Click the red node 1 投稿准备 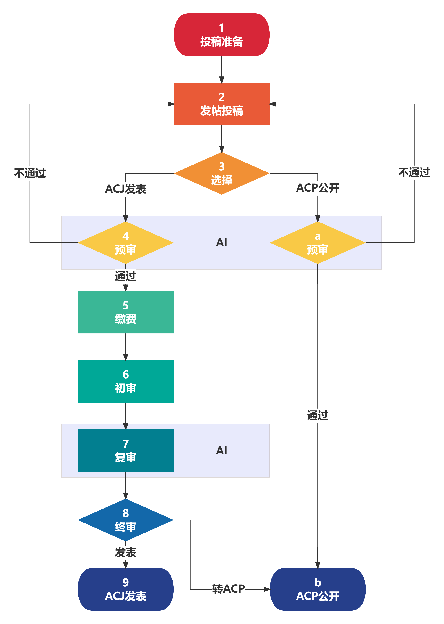(221, 35)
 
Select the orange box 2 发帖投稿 (221, 104)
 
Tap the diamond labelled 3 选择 (221, 173)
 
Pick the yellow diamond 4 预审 (125, 242)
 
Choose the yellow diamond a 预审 (317, 242)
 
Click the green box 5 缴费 (125, 312)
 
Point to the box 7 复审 (125, 450)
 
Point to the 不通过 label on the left (30, 173)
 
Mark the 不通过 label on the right (414, 173)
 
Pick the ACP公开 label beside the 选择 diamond (317, 188)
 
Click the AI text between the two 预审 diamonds (221, 242)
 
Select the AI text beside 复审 (221, 450)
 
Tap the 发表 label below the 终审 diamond (125, 552)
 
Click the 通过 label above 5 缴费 (125, 276)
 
